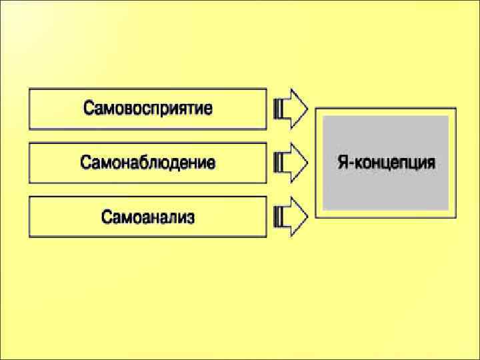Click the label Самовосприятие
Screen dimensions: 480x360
pyautogui.click(x=148, y=109)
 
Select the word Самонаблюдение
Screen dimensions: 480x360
pyautogui.click(x=148, y=163)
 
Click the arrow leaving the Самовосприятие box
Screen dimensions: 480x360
pyautogui.click(x=291, y=109)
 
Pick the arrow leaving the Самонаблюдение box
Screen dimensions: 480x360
pyautogui.click(x=291, y=163)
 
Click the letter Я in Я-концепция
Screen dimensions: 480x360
pyautogui.click(x=341, y=162)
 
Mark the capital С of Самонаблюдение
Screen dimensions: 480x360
pyautogui.click(x=85, y=163)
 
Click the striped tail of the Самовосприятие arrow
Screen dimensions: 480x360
pyautogui.click(x=279, y=109)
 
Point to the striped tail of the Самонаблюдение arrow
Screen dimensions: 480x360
pyautogui.click(x=279, y=163)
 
